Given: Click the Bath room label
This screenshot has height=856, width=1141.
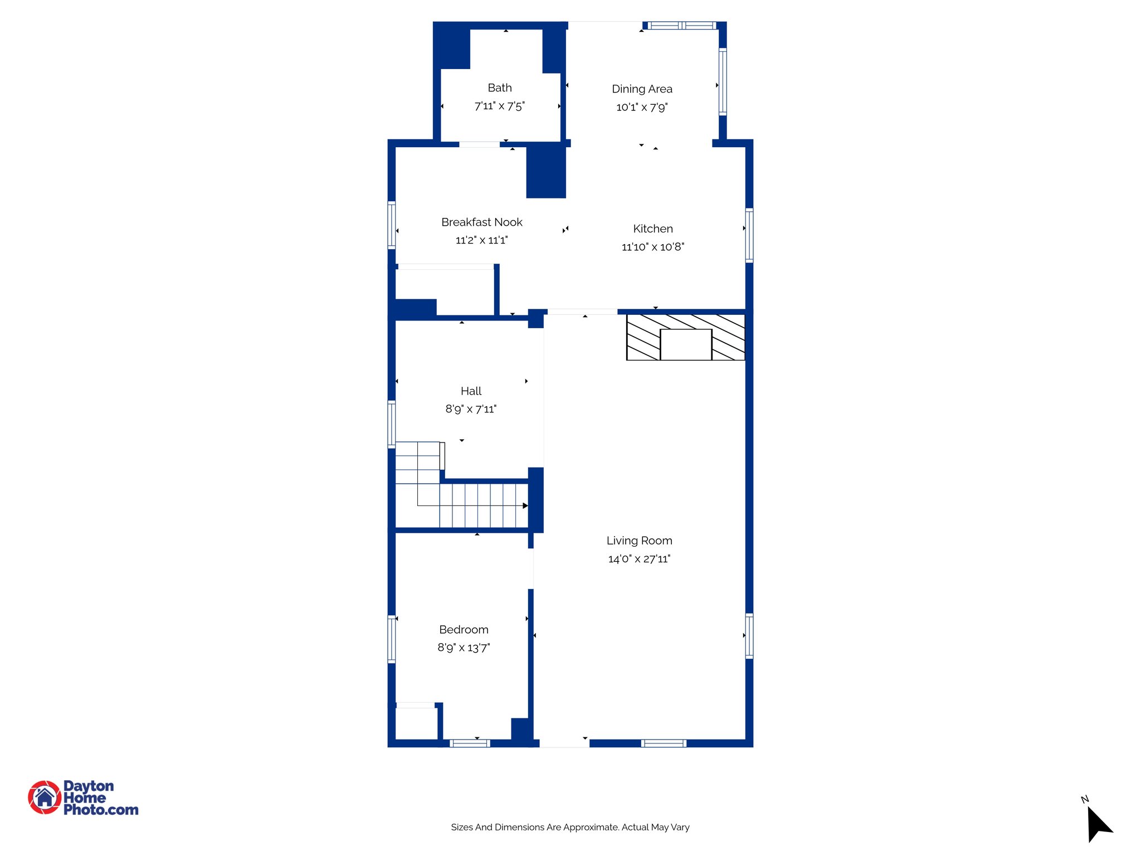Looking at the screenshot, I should (x=499, y=88).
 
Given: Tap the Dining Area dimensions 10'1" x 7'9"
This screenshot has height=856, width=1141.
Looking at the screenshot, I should (x=642, y=107).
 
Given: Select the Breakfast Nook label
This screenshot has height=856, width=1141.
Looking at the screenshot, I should (x=481, y=222).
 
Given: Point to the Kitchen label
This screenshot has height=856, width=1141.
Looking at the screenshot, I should (x=652, y=229).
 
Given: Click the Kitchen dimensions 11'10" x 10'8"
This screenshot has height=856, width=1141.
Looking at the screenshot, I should (x=652, y=247).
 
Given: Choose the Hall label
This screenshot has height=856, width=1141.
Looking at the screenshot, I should (x=471, y=391).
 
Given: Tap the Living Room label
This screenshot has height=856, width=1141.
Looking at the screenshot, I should (x=639, y=541).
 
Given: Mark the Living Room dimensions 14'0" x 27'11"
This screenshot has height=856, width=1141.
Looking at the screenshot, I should (x=639, y=559).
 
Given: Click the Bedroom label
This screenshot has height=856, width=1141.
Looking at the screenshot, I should (x=464, y=630).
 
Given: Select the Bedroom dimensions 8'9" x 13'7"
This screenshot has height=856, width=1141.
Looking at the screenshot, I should (x=464, y=648).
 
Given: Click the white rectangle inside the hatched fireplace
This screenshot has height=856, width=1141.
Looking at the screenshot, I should (x=686, y=344).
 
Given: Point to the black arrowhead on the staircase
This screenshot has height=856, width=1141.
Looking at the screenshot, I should (x=525, y=506).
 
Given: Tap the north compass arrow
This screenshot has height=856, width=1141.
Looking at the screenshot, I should (x=1099, y=824).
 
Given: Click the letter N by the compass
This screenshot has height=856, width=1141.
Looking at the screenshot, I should (x=1084, y=800).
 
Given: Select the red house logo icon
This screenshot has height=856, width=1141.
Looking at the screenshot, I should (x=45, y=797).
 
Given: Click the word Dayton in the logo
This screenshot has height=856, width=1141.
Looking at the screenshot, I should (x=89, y=786).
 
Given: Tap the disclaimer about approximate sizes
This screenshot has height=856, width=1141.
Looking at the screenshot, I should (x=570, y=828).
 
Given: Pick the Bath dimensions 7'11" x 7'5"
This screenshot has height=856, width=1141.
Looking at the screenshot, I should (x=499, y=106).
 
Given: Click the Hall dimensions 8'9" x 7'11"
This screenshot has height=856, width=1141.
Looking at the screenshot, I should (x=471, y=409).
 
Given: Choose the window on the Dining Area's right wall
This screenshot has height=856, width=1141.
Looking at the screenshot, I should (x=723, y=82).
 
